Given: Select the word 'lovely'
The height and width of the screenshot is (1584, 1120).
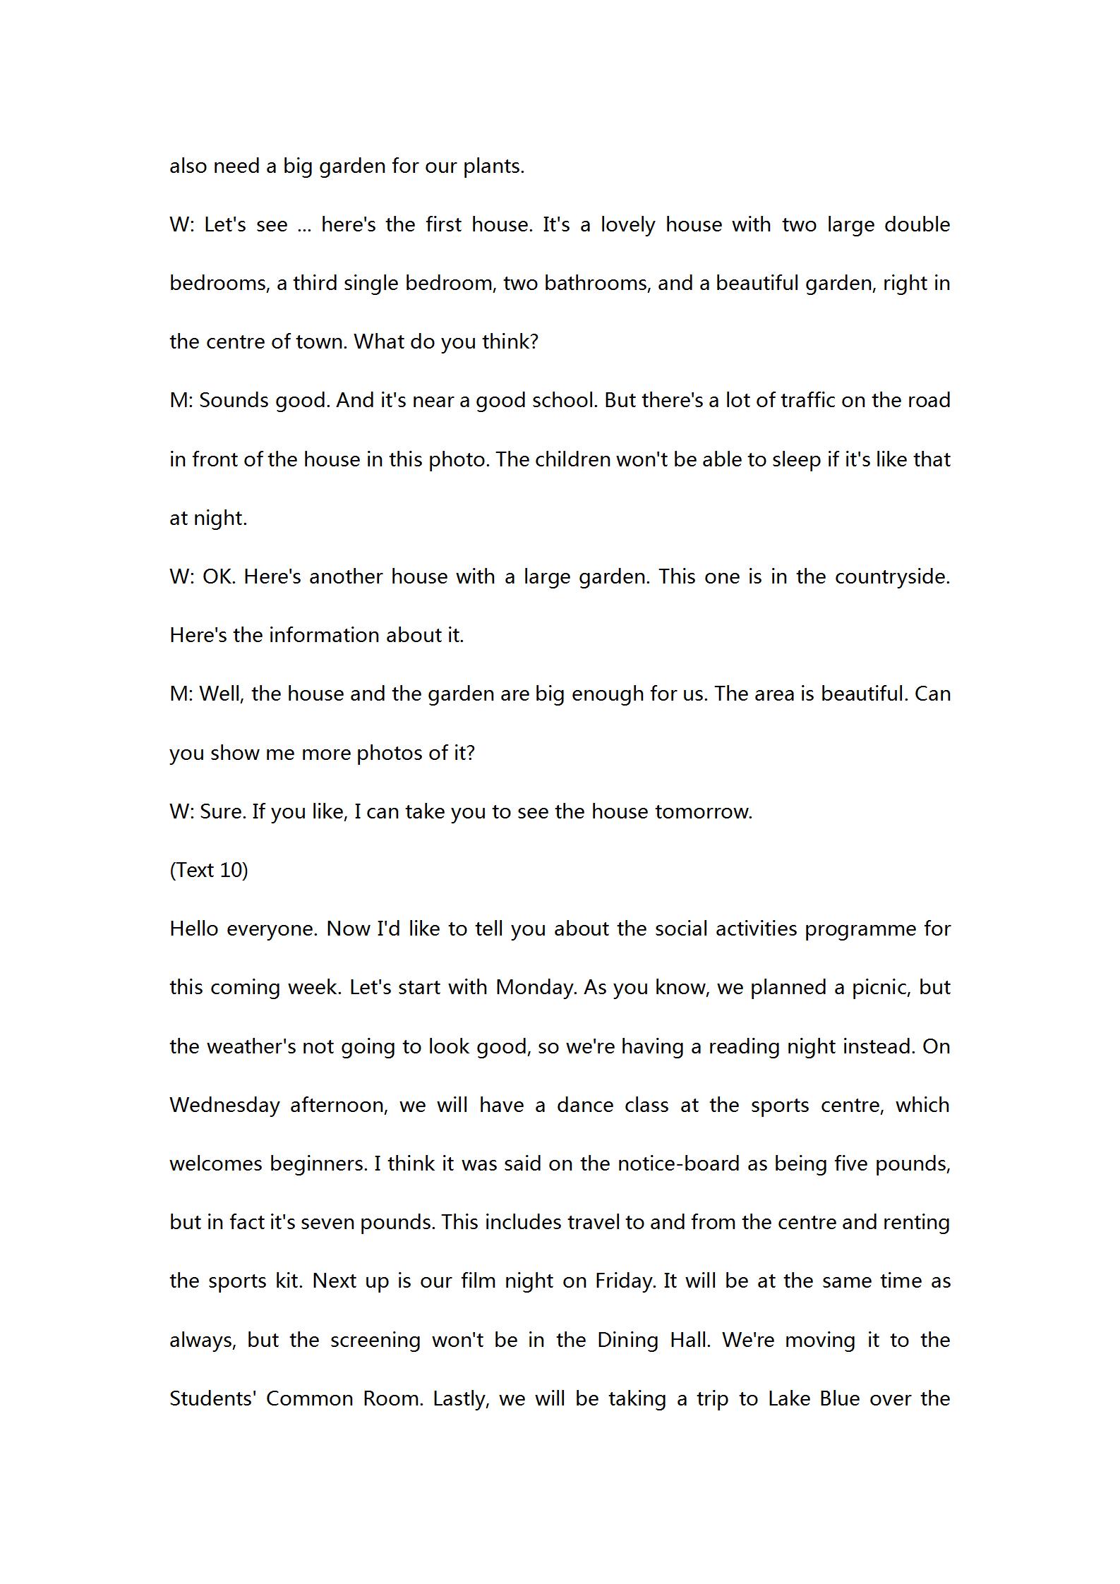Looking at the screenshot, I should point(627,225).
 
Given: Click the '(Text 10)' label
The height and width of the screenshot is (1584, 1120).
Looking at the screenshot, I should point(209,870).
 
